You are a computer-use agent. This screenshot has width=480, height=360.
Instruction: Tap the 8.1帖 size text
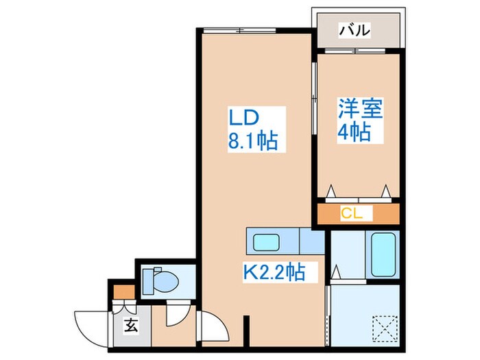[252, 142]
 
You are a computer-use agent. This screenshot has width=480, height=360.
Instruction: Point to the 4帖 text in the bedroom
[355, 131]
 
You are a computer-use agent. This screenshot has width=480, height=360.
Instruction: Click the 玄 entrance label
[129, 325]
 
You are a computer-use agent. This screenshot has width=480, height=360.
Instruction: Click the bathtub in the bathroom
[383, 255]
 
